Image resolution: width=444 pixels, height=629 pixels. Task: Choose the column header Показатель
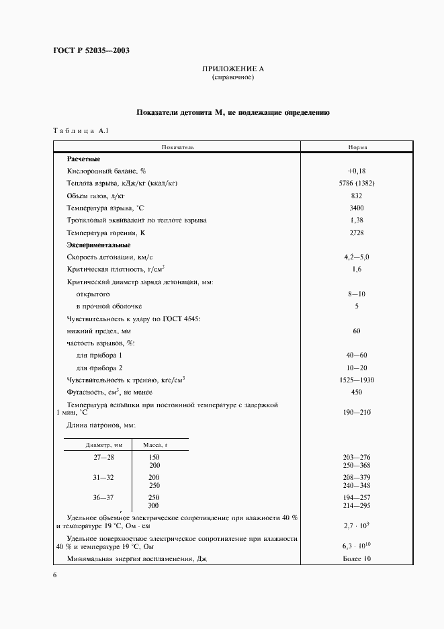(177, 146)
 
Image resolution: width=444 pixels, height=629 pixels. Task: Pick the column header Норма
(357, 146)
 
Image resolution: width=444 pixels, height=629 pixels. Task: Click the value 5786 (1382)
(357, 183)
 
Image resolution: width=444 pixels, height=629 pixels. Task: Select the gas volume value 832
(357, 196)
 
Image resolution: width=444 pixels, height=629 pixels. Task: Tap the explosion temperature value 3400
(357, 208)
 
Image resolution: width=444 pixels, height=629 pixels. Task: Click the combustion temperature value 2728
(357, 233)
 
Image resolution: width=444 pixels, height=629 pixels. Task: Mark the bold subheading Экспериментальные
(98, 245)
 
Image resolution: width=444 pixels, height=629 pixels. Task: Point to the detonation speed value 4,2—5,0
(357, 257)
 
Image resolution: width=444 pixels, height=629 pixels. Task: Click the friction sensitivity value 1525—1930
(357, 380)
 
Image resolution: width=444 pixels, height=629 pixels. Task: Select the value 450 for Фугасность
(357, 392)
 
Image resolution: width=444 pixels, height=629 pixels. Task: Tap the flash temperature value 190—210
(357, 412)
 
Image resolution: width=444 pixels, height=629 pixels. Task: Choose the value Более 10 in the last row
(357, 558)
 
